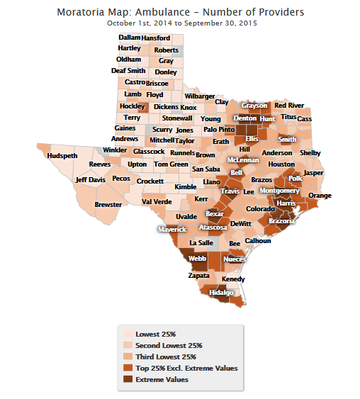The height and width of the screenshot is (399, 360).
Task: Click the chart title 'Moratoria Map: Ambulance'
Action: click(181, 12)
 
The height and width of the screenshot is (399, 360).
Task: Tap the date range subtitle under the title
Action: click(181, 23)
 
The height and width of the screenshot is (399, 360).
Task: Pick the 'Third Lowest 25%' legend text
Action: click(166, 356)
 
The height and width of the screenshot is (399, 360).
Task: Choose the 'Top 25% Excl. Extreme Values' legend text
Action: click(186, 368)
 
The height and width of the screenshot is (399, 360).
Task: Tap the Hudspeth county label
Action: click(62, 156)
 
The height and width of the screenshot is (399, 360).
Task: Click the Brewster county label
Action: click(108, 204)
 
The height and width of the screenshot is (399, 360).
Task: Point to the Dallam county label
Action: click(129, 38)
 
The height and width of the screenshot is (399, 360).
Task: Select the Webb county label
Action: click(198, 259)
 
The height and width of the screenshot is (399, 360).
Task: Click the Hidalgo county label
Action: click(221, 292)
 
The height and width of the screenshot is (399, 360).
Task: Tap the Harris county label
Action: click(286, 203)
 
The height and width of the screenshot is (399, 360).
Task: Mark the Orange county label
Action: click(320, 196)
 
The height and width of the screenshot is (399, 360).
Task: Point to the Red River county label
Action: click(289, 106)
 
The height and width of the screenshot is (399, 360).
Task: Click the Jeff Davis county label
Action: click(90, 180)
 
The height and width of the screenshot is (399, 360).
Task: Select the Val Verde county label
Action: click(157, 201)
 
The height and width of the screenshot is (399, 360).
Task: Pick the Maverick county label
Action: click(171, 230)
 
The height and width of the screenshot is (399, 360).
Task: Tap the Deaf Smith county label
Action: click(128, 71)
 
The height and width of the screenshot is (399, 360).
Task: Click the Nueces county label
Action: click(235, 259)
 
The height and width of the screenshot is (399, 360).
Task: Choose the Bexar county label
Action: click(215, 213)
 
